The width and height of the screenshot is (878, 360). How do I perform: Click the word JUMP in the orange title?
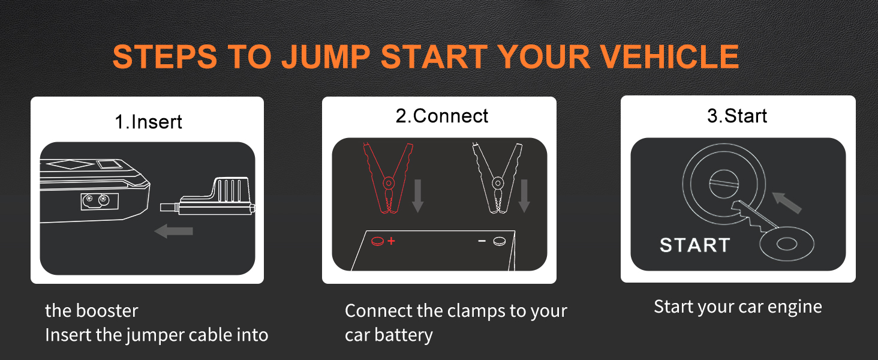326,56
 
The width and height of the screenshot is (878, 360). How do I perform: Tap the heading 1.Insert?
148,122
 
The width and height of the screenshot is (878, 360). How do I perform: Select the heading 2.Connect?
442,116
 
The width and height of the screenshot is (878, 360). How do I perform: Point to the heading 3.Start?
737,116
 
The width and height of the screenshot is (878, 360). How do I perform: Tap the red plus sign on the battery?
392,241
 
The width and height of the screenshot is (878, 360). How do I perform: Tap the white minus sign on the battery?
482,241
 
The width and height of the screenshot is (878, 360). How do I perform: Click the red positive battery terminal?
378,241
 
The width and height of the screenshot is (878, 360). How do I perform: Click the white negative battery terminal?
499,241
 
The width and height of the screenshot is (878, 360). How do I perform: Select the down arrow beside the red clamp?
418,195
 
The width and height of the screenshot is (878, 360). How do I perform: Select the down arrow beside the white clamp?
524,195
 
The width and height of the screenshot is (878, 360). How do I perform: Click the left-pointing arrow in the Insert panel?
173,230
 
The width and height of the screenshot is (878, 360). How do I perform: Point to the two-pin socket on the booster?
96,200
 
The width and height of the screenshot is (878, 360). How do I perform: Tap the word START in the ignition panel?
694,245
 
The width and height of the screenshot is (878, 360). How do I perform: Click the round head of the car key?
786,244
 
